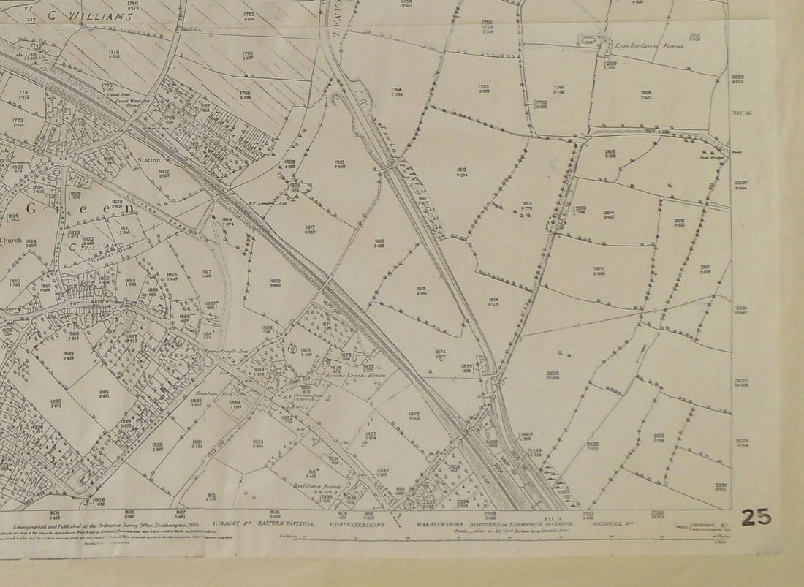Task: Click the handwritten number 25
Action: tap(755, 517)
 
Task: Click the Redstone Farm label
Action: tap(325, 485)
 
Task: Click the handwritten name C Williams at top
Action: tap(85, 12)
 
